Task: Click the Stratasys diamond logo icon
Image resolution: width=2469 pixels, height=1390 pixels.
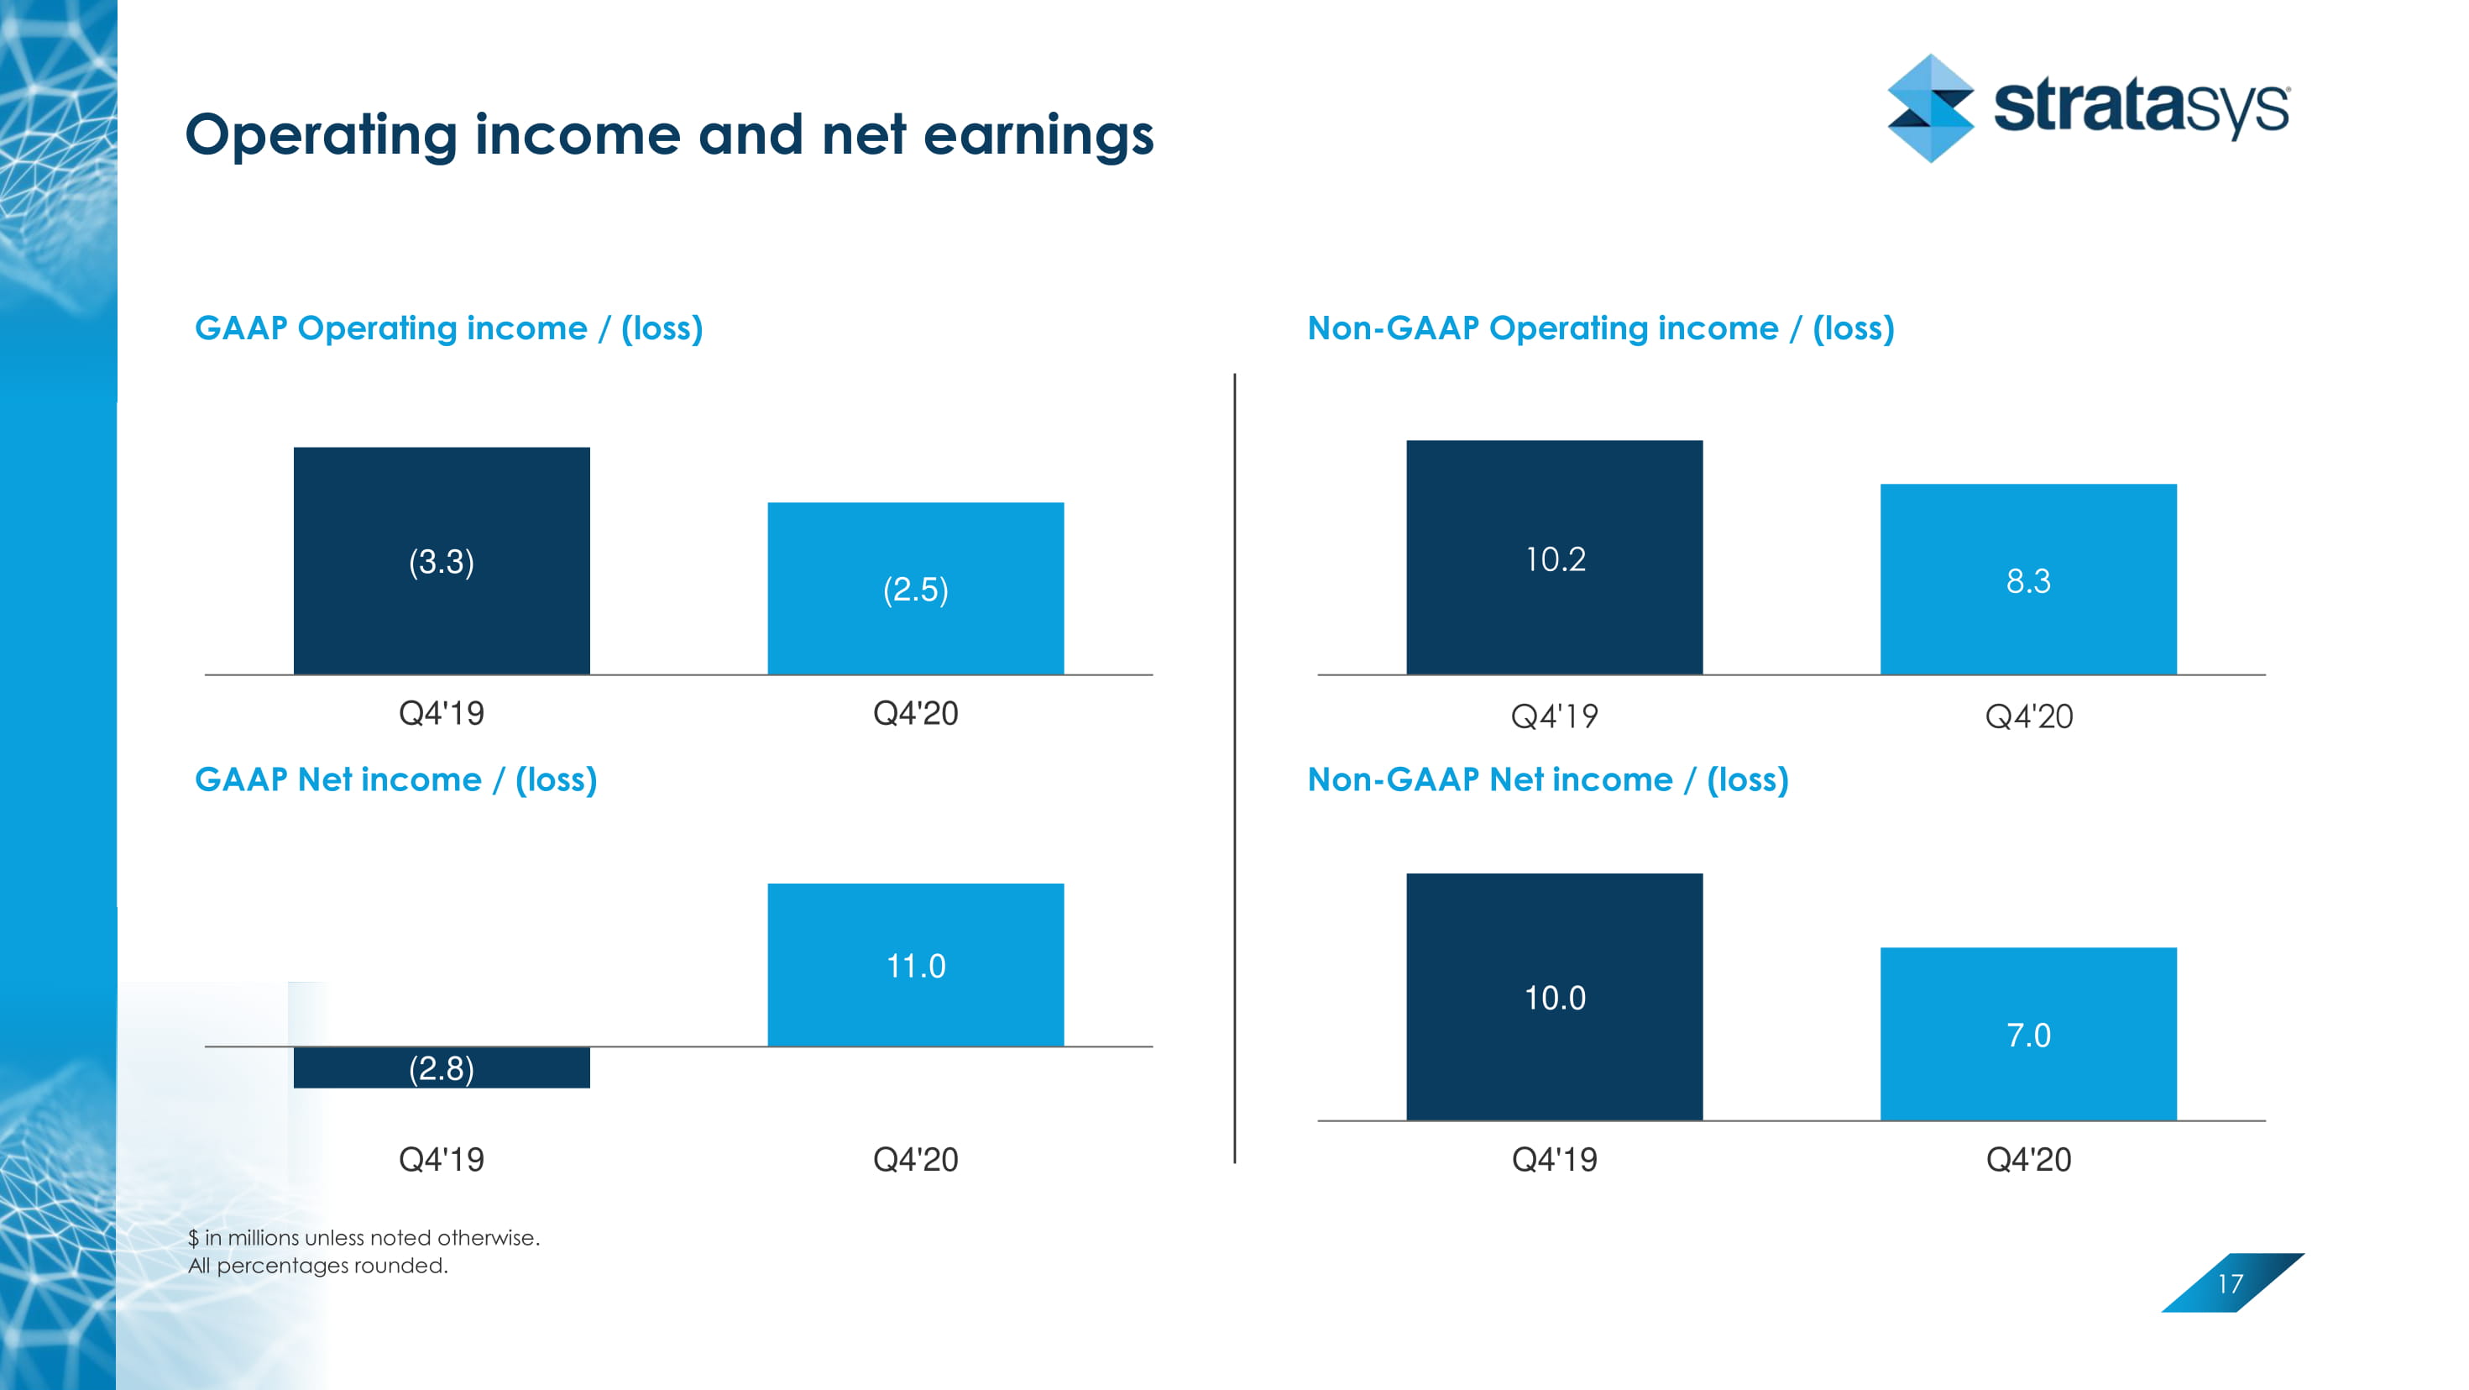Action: [x=1929, y=108]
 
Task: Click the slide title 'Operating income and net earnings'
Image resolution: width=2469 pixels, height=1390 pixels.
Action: [x=669, y=134]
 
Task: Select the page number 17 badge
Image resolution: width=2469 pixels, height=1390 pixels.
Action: [x=2231, y=1282]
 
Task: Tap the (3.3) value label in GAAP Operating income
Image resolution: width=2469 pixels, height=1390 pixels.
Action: [x=441, y=562]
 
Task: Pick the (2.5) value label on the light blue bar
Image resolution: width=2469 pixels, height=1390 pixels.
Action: [x=915, y=590]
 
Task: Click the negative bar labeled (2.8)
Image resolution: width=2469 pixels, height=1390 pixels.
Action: [x=441, y=1067]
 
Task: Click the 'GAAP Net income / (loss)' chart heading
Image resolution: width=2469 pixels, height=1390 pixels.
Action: [x=396, y=779]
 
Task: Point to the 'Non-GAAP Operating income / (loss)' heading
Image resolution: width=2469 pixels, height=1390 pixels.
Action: [x=1601, y=328]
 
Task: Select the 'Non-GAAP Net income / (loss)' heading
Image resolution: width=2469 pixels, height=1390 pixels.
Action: [x=1548, y=779]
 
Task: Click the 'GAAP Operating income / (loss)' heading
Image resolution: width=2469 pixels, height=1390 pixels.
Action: [x=448, y=328]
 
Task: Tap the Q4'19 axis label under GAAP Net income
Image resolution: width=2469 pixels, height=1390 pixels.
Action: [x=441, y=1159]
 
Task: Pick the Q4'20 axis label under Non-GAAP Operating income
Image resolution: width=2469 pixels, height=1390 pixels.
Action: [x=2028, y=716]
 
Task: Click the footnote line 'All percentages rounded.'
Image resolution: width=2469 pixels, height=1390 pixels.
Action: [x=318, y=1266]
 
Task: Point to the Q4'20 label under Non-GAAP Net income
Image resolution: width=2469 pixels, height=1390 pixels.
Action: [x=2028, y=1159]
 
